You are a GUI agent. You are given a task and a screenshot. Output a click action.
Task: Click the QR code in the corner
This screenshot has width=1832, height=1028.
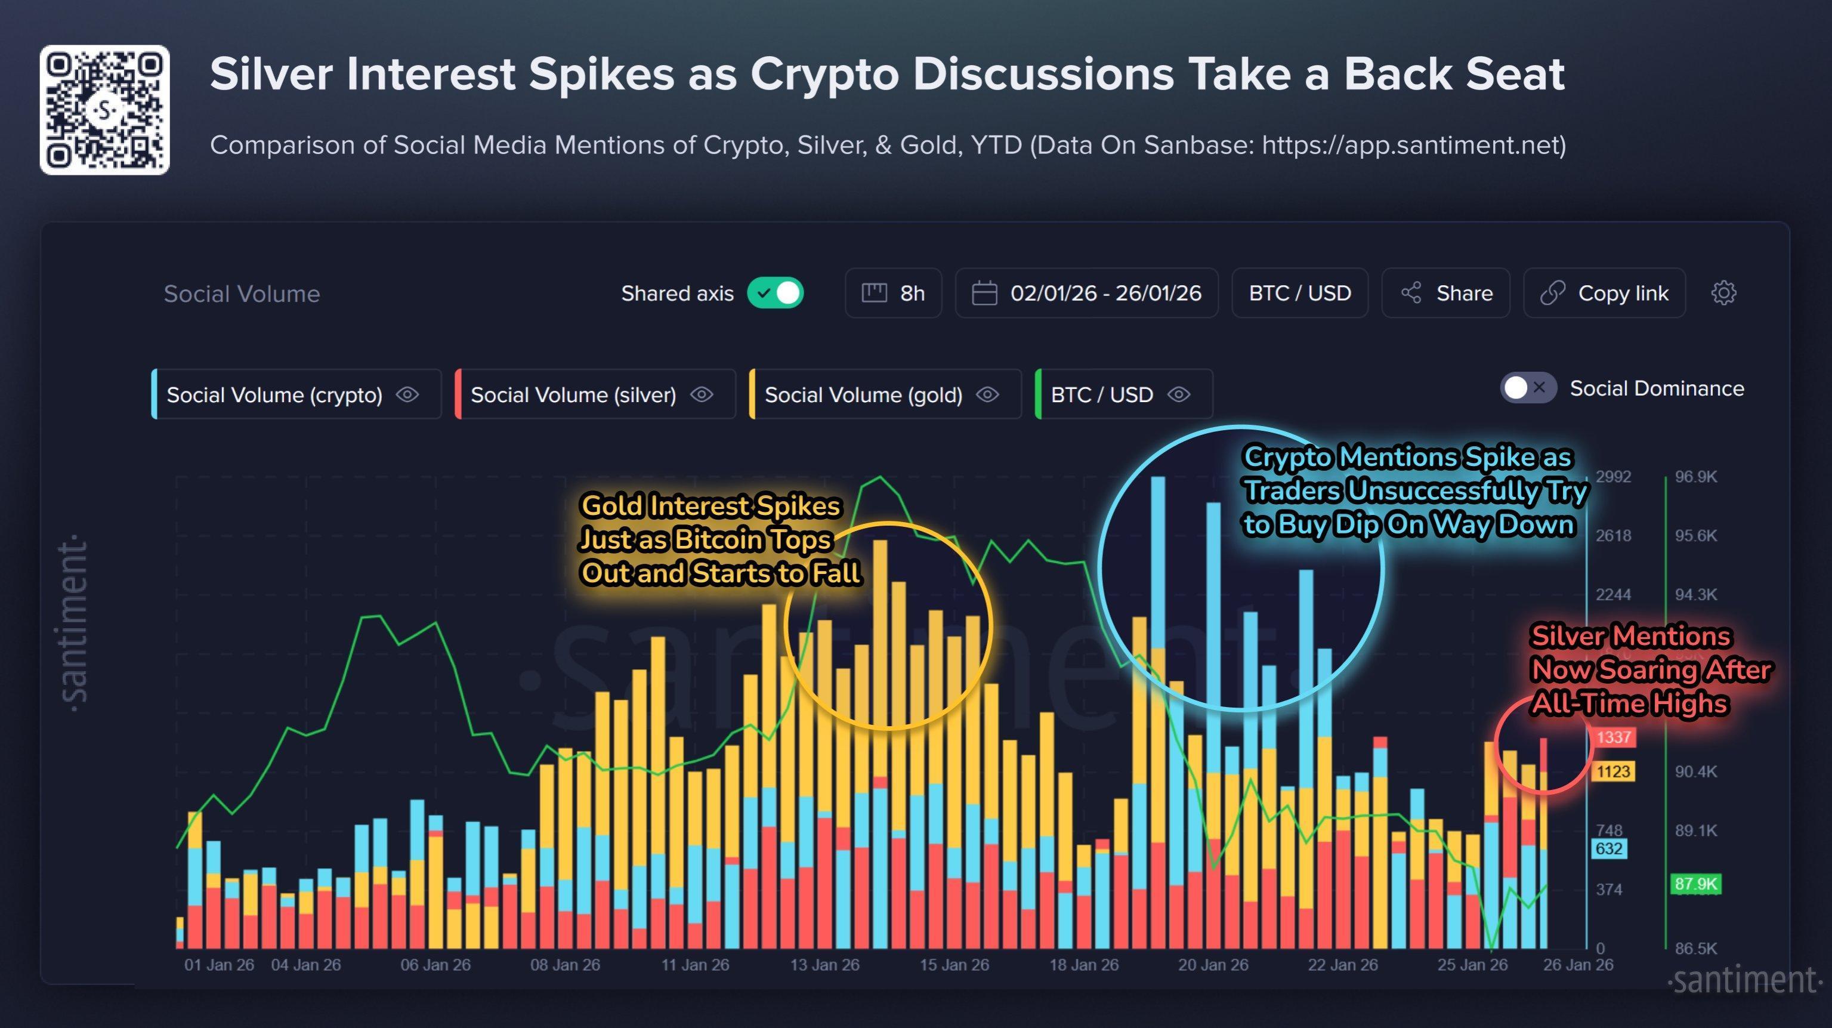pyautogui.click(x=104, y=110)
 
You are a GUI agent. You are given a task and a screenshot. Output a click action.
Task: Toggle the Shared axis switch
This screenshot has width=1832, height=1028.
pyautogui.click(x=774, y=293)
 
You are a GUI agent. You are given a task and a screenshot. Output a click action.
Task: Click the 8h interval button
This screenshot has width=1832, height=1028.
pyautogui.click(x=893, y=293)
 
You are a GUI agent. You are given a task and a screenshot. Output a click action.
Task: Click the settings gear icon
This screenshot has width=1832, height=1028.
pyautogui.click(x=1723, y=293)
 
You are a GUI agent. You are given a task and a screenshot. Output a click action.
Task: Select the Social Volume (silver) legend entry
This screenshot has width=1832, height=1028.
pyautogui.click(x=573, y=395)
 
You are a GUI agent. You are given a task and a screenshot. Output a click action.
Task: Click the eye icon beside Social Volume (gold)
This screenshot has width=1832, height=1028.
pyautogui.click(x=988, y=395)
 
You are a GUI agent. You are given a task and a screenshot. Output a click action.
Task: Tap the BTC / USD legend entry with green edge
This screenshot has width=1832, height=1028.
pyautogui.click(x=1102, y=395)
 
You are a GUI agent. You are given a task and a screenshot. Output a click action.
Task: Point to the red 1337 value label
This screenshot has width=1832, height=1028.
pyautogui.click(x=1613, y=737)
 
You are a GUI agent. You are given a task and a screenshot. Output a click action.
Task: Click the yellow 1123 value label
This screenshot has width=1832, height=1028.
pyautogui.click(x=1613, y=771)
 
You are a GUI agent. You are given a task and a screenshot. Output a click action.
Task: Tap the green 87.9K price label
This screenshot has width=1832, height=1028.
pyautogui.click(x=1695, y=884)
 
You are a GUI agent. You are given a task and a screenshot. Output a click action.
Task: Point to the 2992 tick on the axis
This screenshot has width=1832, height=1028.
pyautogui.click(x=1613, y=477)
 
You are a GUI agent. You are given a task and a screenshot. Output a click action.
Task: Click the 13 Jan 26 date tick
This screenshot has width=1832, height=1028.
pyautogui.click(x=824, y=965)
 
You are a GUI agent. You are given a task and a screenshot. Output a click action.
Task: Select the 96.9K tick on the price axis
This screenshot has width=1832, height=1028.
pyautogui.click(x=1695, y=477)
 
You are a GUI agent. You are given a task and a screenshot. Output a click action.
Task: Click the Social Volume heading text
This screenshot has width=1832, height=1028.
pyautogui.click(x=242, y=294)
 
